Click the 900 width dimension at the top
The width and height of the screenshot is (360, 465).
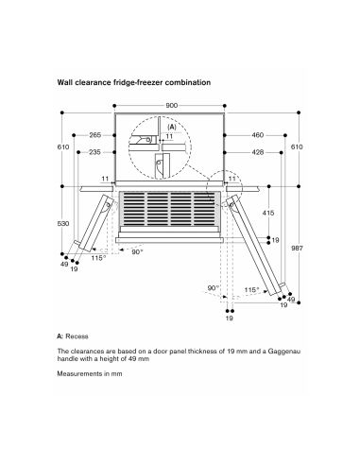pyautogui.click(x=171, y=106)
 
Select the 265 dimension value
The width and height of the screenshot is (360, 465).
pyautogui.click(x=94, y=135)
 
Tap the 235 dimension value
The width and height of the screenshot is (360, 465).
pyautogui.click(x=94, y=152)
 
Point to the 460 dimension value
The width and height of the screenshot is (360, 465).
pyautogui.click(x=258, y=135)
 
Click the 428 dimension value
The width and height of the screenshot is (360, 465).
pyautogui.click(x=258, y=152)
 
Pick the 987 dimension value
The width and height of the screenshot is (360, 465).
pyautogui.click(x=297, y=249)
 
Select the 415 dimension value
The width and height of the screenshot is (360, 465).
pyautogui.click(x=268, y=213)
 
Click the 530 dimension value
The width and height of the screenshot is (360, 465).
pyautogui.click(x=63, y=224)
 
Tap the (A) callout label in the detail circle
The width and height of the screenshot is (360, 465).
pyautogui.click(x=172, y=128)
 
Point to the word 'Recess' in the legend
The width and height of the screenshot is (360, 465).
pyautogui.click(x=77, y=336)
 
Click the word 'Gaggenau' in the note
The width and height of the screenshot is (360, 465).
pyautogui.click(x=284, y=352)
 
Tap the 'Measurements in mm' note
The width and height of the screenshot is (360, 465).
pyautogui.click(x=90, y=374)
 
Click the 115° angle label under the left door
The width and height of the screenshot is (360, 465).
pyautogui.click(x=98, y=258)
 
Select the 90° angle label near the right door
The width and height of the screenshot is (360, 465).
pyautogui.click(x=214, y=288)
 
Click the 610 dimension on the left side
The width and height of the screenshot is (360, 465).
pyautogui.click(x=63, y=146)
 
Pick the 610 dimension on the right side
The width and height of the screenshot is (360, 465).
pyautogui.click(x=297, y=146)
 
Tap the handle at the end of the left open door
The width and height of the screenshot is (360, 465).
pyautogui.click(x=78, y=243)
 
